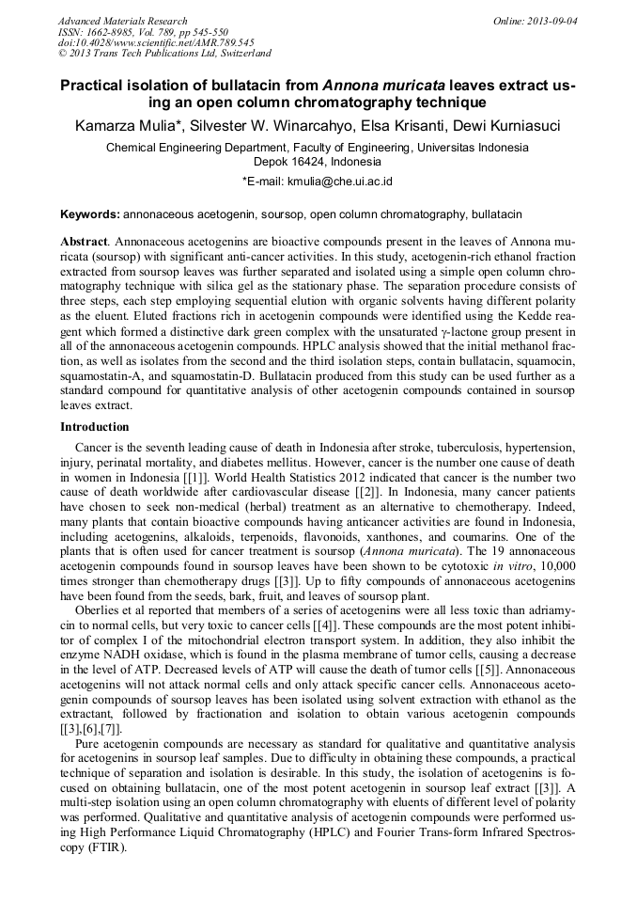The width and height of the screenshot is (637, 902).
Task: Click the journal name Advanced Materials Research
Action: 122,21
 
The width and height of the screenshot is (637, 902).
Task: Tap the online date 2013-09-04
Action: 552,21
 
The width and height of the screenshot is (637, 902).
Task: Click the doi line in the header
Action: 156,43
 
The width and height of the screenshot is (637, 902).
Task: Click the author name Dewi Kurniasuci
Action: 507,126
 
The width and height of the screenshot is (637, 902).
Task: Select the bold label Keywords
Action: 89,215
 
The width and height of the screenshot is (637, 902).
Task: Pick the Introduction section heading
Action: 94,427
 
